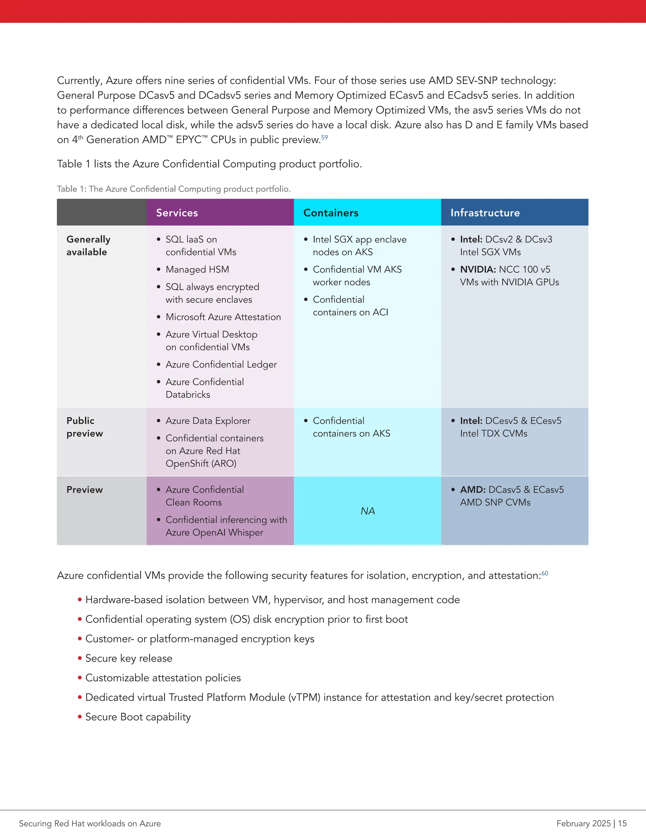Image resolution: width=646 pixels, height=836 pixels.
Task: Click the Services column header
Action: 177,213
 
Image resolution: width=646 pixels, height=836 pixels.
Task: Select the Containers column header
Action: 331,213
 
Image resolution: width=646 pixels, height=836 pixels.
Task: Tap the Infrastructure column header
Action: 485,213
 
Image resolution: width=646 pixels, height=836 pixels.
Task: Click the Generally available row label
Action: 88,246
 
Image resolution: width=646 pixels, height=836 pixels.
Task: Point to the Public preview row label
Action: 85,427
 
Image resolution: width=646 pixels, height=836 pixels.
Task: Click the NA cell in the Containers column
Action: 367,511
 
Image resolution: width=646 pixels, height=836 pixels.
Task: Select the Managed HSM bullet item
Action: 197,269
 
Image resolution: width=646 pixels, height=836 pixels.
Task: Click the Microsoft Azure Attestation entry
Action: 223,317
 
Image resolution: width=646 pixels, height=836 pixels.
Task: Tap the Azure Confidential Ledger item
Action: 221,364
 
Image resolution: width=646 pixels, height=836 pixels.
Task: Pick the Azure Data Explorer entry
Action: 208,421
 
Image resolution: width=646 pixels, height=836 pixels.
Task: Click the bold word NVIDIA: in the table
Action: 478,269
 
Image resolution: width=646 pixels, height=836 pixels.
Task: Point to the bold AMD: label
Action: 473,490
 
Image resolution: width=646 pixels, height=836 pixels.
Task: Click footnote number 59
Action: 325,137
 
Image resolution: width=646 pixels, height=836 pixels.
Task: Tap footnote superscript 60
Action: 544,573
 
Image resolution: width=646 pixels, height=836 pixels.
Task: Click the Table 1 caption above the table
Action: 174,189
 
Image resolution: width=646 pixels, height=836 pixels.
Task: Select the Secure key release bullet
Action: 129,658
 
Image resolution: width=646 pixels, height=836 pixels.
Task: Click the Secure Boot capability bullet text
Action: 138,717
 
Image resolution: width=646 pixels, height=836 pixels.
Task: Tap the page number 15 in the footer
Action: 622,823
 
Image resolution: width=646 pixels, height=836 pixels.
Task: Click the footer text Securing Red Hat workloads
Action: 90,823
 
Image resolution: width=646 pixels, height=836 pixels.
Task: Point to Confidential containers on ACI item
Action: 350,306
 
